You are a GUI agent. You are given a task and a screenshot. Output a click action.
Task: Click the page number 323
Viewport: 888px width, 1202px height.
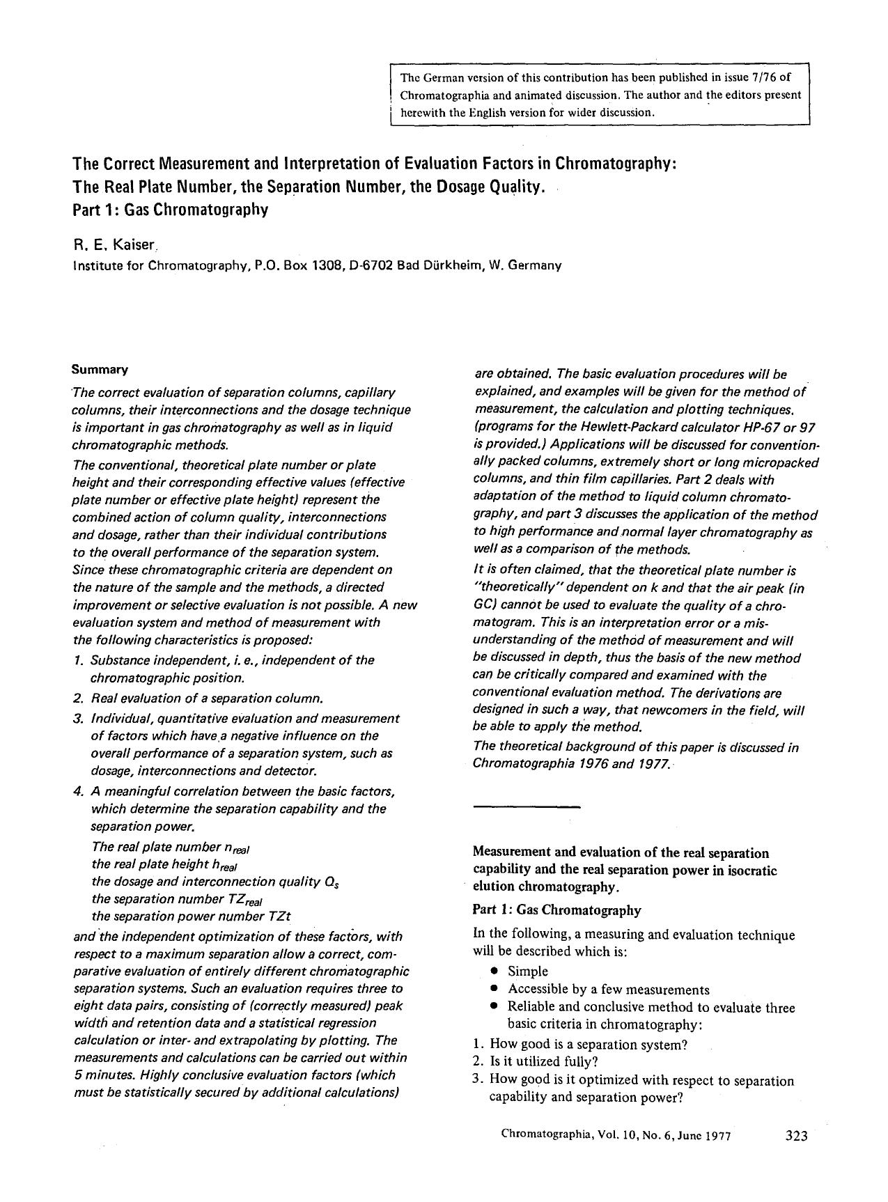coord(795,1136)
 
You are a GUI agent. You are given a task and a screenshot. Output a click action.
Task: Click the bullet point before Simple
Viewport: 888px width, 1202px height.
coord(494,971)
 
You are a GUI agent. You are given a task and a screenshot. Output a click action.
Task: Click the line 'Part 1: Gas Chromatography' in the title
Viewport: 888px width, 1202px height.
coord(170,209)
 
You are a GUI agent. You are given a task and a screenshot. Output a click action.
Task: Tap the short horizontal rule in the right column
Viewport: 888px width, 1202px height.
coord(526,806)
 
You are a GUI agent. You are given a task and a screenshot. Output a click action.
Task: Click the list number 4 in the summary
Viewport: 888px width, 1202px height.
coord(77,792)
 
